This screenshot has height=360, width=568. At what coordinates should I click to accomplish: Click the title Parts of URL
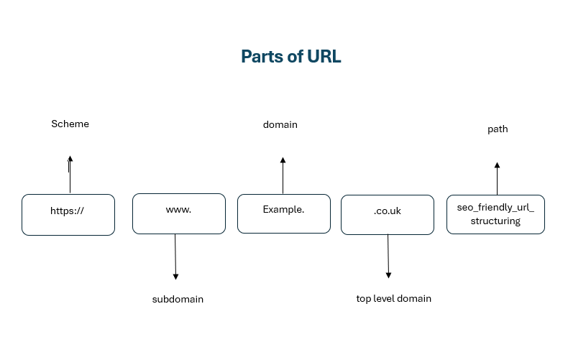290,57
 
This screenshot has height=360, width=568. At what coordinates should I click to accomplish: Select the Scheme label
70,124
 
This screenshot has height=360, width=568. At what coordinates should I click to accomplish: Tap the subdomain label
178,299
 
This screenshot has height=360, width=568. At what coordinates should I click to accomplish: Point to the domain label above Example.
280,124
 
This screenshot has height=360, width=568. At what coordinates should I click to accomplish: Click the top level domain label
393,298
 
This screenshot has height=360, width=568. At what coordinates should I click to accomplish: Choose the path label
497,129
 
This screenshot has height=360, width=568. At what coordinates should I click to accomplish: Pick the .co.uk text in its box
388,211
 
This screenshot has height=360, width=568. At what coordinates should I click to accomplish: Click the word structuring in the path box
495,221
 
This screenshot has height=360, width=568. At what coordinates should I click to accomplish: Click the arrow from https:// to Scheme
70,175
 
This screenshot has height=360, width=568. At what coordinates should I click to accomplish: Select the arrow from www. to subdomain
175,257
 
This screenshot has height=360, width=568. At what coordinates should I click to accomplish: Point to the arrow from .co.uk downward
388,256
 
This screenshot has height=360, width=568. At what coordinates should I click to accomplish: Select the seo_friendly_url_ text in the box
495,207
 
